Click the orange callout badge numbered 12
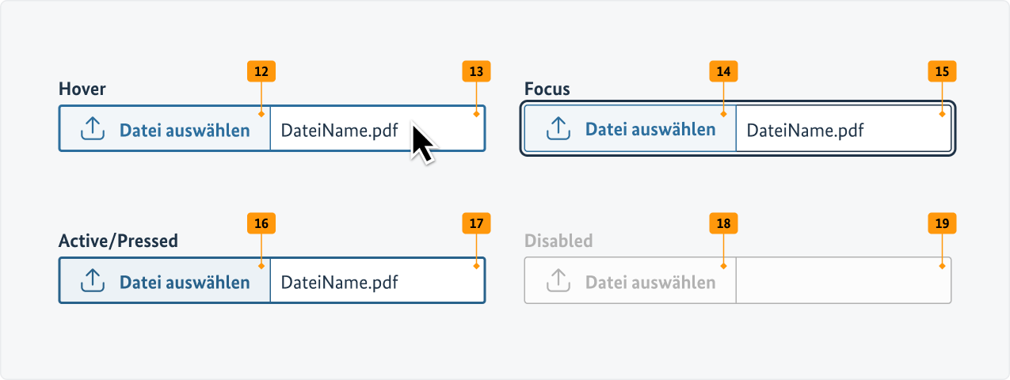(x=261, y=71)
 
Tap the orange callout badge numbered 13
(x=476, y=71)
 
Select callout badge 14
(x=723, y=71)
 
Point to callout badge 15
(x=942, y=71)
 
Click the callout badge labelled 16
(x=261, y=223)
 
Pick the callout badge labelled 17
(x=476, y=223)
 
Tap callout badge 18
(x=723, y=223)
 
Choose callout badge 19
(x=942, y=223)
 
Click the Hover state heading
(x=82, y=89)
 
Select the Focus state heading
(x=547, y=89)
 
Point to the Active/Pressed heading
(x=118, y=241)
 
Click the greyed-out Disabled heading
(x=558, y=241)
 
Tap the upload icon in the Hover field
(x=93, y=128)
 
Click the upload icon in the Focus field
(x=558, y=128)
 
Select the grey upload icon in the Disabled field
(x=558, y=280)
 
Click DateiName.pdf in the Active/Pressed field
(x=340, y=283)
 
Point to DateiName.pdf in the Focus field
(x=806, y=131)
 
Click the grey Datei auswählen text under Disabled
(x=650, y=283)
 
